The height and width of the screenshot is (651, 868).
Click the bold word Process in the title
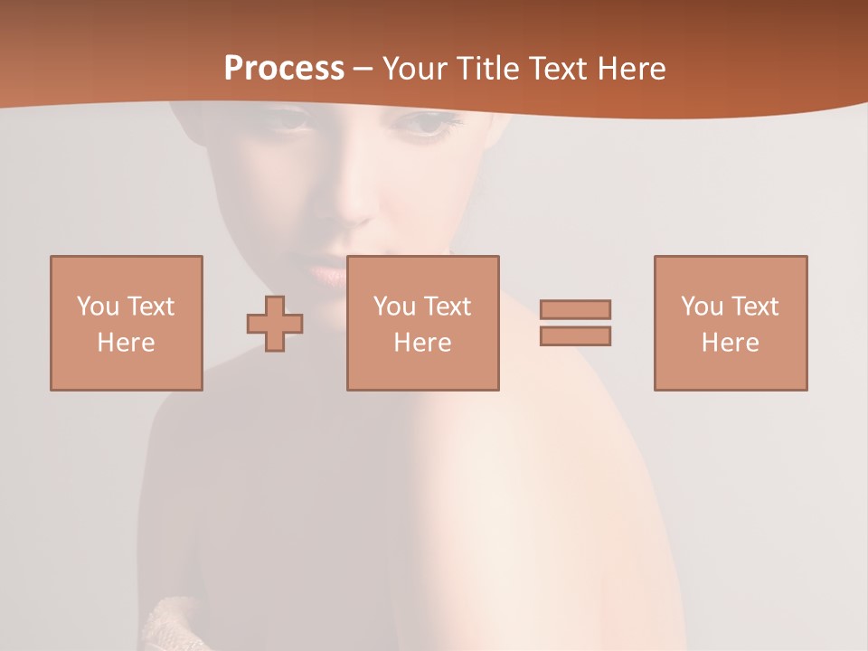(284, 69)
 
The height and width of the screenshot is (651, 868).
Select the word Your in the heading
(415, 69)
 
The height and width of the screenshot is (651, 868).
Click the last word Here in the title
(632, 69)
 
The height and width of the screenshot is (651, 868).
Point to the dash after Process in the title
(363, 70)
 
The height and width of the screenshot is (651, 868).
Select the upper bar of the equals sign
(575, 309)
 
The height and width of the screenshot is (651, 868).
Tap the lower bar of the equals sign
(575, 335)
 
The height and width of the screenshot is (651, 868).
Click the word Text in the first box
(150, 307)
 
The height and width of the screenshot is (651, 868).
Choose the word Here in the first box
(126, 343)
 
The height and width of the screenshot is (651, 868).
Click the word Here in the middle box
(422, 343)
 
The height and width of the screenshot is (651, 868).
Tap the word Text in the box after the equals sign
(754, 307)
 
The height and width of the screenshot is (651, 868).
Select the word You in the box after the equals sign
(702, 307)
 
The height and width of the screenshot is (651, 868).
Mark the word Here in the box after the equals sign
(730, 343)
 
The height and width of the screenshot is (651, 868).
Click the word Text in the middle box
(447, 307)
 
